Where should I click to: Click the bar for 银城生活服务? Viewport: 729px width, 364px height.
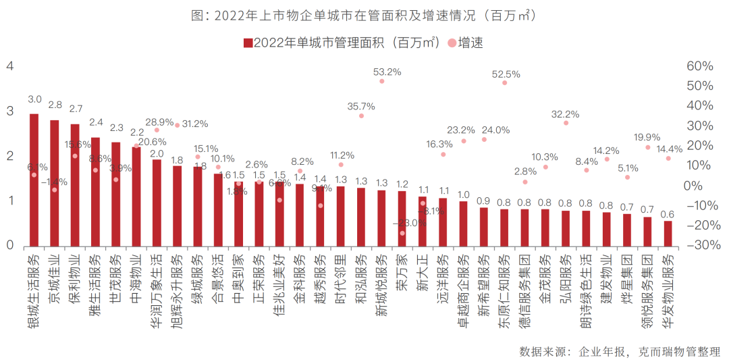34,180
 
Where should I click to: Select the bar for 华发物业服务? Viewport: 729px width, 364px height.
668,233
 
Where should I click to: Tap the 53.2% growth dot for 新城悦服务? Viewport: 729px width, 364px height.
381,81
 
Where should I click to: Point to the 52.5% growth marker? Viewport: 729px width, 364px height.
504,82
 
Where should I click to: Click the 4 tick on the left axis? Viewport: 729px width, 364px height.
9,66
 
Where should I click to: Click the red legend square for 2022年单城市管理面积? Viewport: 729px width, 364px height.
248,43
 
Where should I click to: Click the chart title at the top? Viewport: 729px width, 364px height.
364,15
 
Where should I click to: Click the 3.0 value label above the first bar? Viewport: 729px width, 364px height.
34,99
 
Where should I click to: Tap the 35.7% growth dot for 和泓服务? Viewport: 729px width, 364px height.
361,115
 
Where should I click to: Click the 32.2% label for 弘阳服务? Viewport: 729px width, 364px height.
565,113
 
